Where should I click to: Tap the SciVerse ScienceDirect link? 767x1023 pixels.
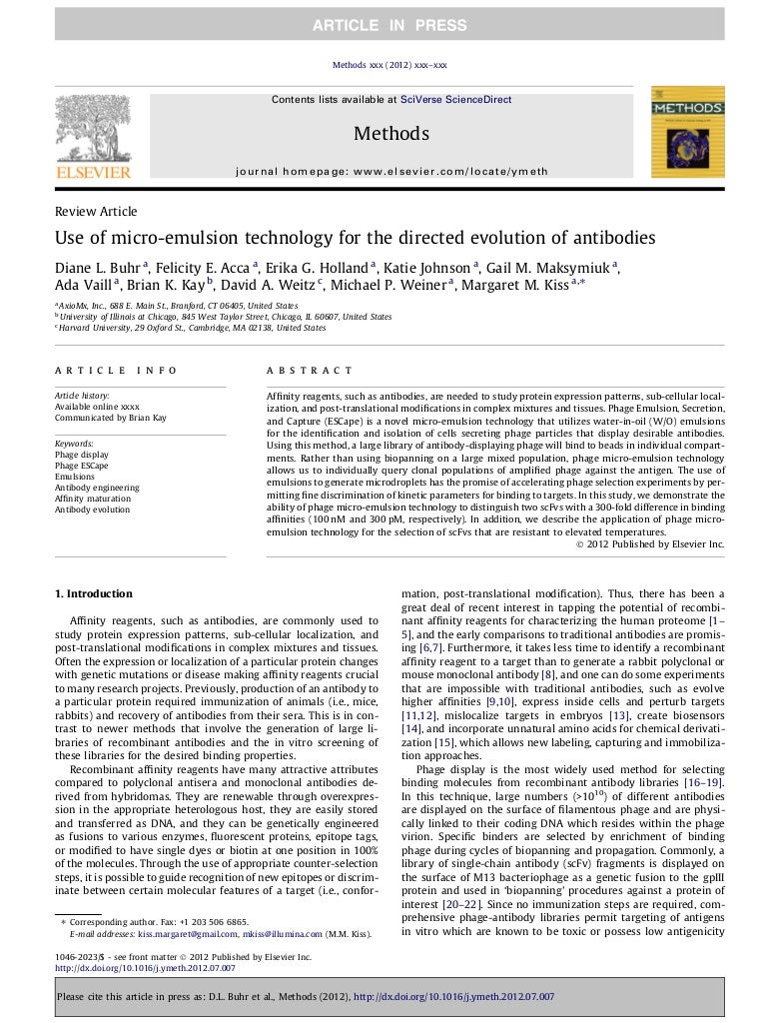455,100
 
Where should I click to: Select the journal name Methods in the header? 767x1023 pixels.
391,134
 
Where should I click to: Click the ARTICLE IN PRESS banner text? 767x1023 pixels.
391,25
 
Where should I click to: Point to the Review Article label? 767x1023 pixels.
96,212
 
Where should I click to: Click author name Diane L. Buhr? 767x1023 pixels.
98,267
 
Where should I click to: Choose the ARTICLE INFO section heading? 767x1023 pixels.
116,371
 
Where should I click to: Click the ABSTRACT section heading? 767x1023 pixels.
310,371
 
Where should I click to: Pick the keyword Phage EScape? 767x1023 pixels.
82,466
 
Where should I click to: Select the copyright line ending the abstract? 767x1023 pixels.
650,544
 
